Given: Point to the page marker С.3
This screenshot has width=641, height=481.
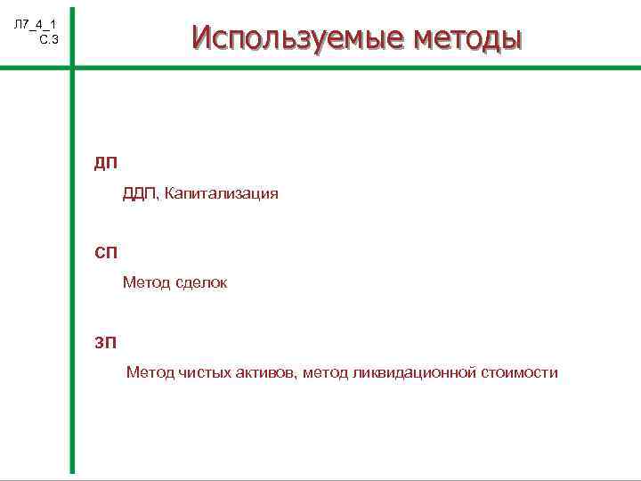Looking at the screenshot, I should pyautogui.click(x=48, y=38).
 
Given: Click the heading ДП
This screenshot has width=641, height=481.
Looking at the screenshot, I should pyautogui.click(x=106, y=163).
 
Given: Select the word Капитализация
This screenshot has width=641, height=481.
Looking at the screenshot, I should pyautogui.click(x=223, y=193).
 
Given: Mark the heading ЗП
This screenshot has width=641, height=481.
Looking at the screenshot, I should pyautogui.click(x=106, y=341).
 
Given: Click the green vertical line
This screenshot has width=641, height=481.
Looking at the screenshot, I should pyautogui.click(x=72, y=267).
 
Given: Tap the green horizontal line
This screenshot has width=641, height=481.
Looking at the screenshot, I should pyautogui.click(x=356, y=69).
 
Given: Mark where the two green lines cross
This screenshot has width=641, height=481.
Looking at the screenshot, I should pyautogui.click(x=72, y=69).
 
